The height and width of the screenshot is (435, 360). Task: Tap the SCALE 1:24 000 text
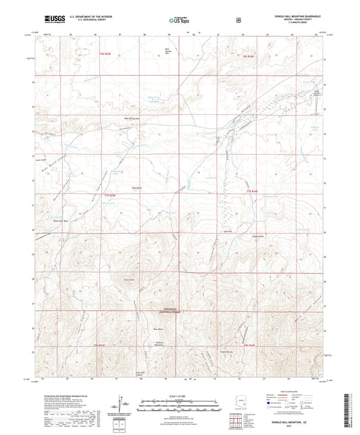click(x=179, y=394)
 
